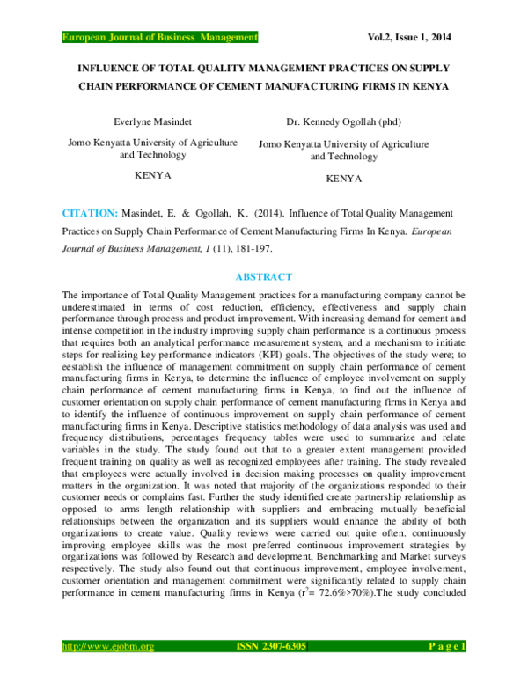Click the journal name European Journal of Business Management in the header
pos(159,37)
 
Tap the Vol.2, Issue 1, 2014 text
pos(414,37)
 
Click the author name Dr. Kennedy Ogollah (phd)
pos(344,121)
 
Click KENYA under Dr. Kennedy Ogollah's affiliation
pos(344,178)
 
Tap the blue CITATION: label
pos(89,213)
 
